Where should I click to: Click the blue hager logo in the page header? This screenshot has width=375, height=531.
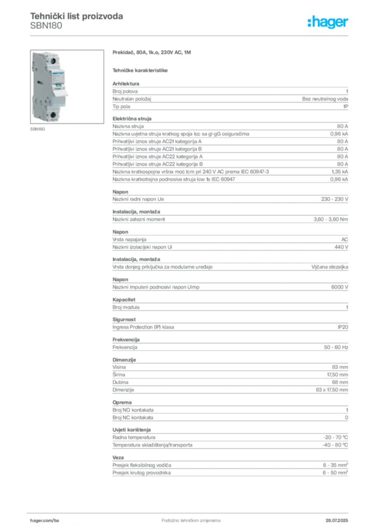328,23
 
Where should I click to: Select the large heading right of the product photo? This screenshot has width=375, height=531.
153,53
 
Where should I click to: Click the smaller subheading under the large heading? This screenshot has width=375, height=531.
141,69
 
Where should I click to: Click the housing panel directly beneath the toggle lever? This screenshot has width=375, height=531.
60,102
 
